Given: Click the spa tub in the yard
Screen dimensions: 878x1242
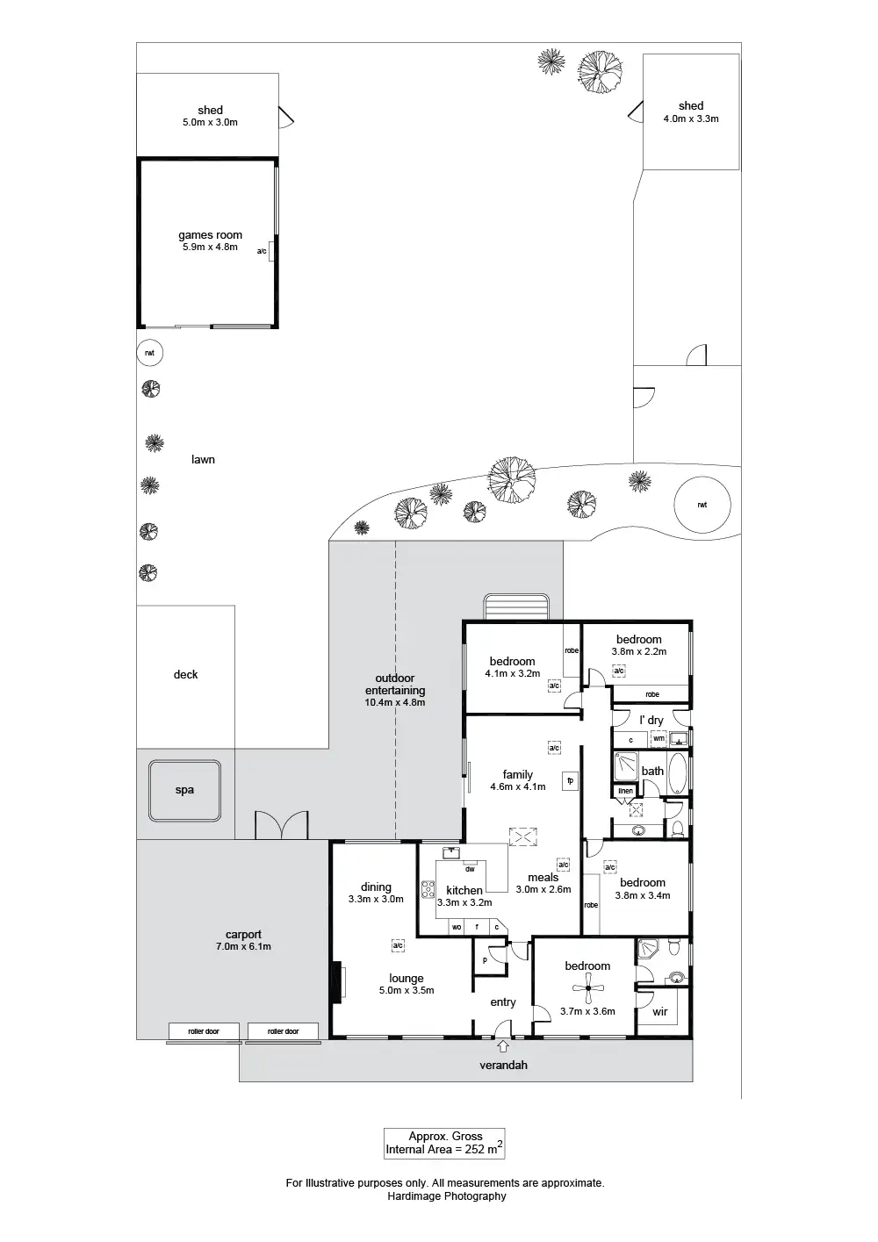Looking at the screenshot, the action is coord(184,790).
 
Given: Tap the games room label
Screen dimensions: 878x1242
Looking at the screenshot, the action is coord(210,235).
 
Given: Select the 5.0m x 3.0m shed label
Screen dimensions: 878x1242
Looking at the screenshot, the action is coord(210,123).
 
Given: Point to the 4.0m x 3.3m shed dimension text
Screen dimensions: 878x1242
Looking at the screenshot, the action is coord(691,118).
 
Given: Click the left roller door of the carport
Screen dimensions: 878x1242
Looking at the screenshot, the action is coord(204,1031).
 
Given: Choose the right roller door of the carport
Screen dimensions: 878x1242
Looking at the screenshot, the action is coord(284,1031).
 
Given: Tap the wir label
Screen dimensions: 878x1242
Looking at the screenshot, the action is coord(660,1012).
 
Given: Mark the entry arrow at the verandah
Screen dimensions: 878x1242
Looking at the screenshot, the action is coord(503,1045).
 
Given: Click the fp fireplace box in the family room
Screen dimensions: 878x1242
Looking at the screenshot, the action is coord(570,780).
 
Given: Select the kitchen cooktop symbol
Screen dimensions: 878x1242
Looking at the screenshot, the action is coord(428,890).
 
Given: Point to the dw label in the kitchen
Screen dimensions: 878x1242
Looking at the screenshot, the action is coord(470,870).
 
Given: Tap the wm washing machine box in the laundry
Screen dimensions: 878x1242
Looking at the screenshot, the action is coord(658,739).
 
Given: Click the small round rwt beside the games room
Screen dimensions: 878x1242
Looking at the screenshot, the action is coord(150,353).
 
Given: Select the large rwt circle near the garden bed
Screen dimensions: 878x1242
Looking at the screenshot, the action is coord(702,505).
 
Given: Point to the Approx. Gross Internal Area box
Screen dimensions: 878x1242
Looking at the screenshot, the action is coord(444,1142).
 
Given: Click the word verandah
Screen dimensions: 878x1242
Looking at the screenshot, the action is coord(503,1066).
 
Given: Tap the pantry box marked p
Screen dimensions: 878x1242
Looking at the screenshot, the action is coord(485,960).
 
